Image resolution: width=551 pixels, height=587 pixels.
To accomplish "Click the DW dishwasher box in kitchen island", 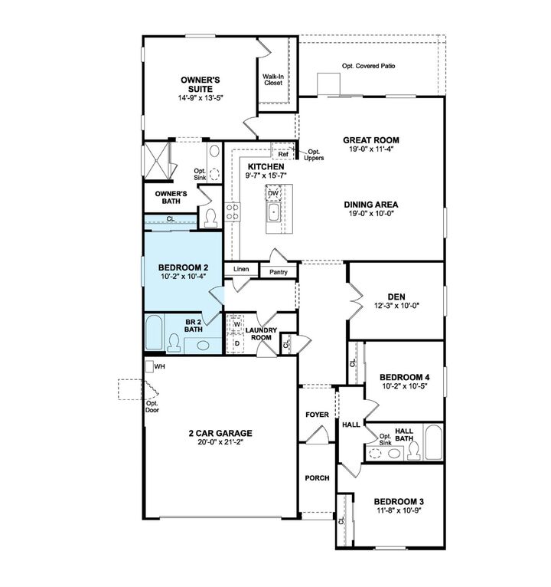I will tap(273, 193).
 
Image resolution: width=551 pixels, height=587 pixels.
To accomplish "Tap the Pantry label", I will tap(278, 272).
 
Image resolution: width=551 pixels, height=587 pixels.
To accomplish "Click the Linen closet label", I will tap(241, 270).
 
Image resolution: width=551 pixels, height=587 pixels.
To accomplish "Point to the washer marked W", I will tap(236, 325).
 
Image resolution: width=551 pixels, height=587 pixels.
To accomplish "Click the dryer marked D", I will tap(236, 343).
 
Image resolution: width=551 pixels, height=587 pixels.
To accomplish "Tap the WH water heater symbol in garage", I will tap(150, 367).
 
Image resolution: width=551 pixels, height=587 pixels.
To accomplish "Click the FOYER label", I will tap(317, 415).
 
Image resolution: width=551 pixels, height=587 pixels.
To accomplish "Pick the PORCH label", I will tap(317, 477).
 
